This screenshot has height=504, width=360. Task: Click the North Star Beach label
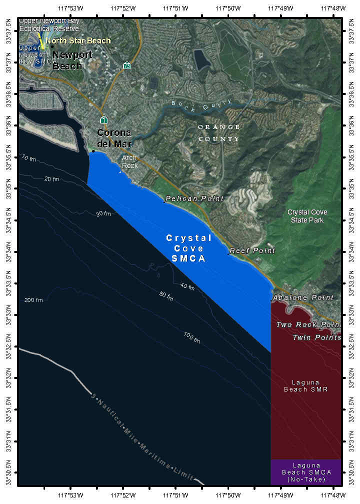78,41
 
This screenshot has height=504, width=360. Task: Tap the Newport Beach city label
72,60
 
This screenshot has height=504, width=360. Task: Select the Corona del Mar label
114,138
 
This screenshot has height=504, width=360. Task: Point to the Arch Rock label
129,161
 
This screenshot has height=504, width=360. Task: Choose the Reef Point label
252,250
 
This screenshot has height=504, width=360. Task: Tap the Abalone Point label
303,297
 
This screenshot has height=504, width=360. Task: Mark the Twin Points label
316,337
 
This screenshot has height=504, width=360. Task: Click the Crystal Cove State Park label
307,216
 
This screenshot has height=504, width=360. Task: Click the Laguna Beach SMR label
306,385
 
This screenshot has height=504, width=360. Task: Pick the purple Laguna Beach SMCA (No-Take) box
306,472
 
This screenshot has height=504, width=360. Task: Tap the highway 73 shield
127,65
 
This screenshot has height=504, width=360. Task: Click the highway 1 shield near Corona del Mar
103,120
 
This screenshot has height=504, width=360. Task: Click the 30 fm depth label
103,214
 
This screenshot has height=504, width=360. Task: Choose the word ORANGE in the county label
218,127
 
